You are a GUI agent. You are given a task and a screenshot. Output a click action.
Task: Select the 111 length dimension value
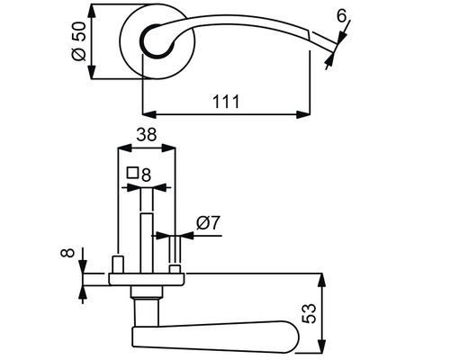pyautogui.click(x=225, y=101)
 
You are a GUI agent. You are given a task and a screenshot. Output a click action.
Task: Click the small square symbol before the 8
pyautogui.click(x=131, y=173)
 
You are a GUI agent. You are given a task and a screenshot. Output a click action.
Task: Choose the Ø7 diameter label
pyautogui.click(x=209, y=221)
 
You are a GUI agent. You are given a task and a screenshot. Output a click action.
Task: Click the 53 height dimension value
pyautogui.click(x=309, y=312)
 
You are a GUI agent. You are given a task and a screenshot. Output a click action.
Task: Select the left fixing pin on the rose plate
pyautogui.click(x=117, y=264)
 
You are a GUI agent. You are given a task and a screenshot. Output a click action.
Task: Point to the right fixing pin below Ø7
pyautogui.click(x=175, y=267)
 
